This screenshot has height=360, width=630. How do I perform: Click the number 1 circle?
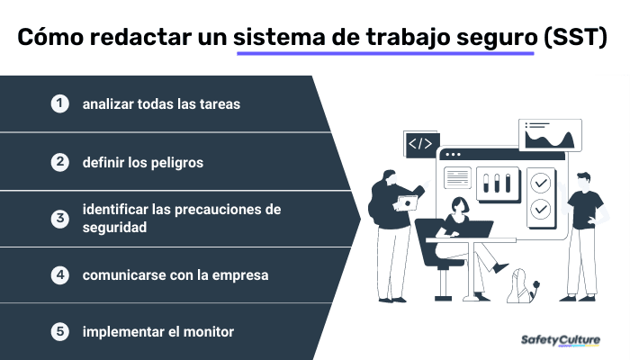[x=59, y=103]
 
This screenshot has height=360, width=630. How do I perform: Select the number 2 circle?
[x=59, y=162]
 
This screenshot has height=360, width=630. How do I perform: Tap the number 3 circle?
[x=59, y=219]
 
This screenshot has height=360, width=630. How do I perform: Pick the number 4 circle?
[x=59, y=274]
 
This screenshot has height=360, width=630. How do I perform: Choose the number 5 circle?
[x=59, y=331]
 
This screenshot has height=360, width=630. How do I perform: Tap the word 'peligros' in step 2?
[x=177, y=163]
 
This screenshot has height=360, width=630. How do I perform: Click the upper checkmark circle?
[x=540, y=183]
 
